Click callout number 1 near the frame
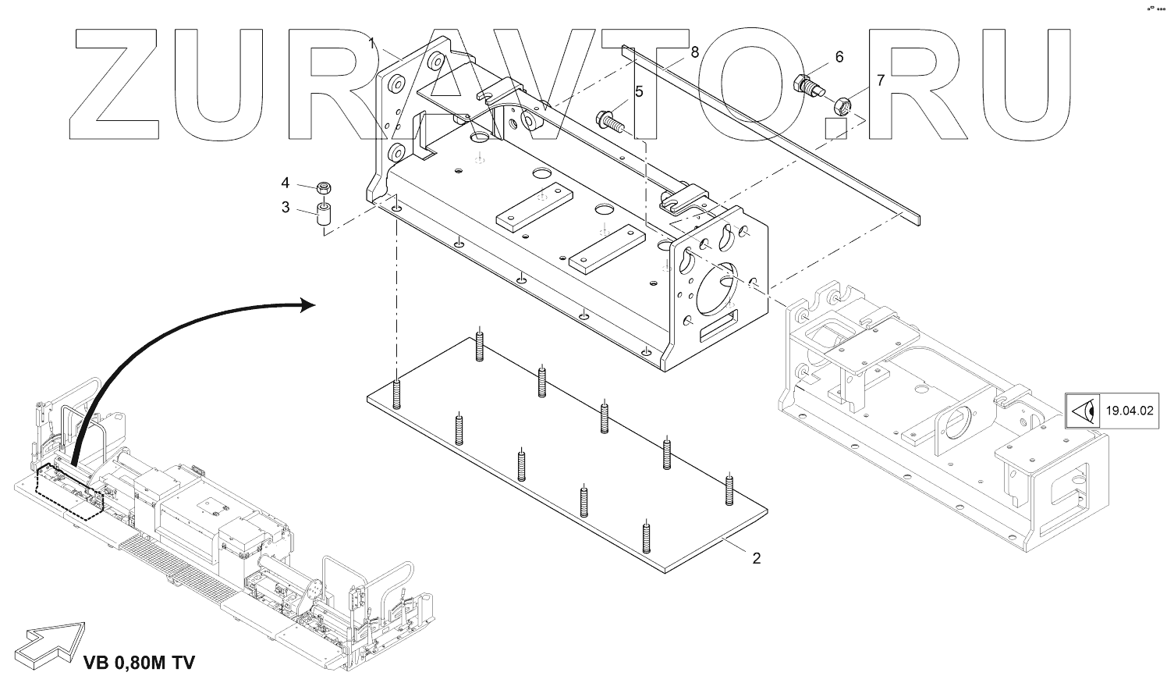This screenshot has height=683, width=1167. click(373, 41)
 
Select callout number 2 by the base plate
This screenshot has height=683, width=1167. click(755, 559)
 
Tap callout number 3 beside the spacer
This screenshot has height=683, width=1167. click(286, 208)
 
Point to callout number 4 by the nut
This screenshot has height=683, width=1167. click(286, 183)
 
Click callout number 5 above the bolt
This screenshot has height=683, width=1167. click(639, 91)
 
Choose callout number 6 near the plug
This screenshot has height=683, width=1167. click(839, 56)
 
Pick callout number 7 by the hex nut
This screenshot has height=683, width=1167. click(881, 80)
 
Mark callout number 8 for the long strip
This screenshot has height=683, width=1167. click(694, 52)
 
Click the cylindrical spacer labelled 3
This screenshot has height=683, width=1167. click(323, 216)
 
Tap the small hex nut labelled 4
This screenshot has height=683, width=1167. click(323, 188)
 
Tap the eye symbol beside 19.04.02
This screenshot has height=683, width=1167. click(1082, 409)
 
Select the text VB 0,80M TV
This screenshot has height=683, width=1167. click(139, 663)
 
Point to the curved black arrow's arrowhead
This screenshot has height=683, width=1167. click(308, 304)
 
